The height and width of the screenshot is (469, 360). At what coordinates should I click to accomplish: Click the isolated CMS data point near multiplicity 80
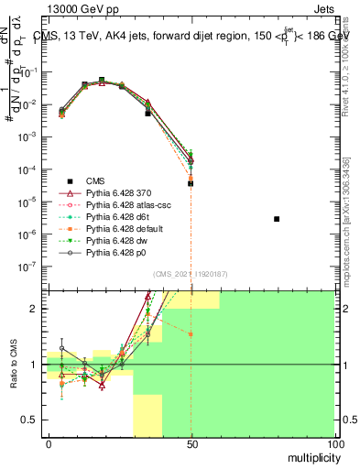(277, 219)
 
